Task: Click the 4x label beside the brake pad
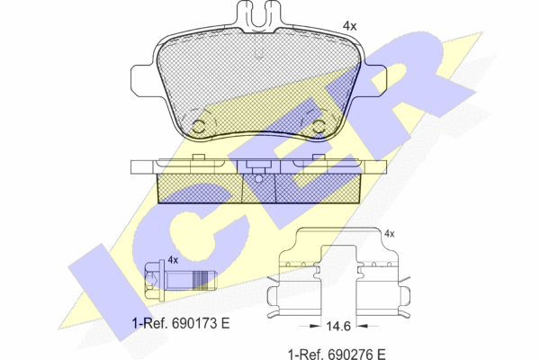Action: point(349,26)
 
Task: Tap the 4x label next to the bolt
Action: point(173,260)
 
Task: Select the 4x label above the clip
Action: point(389,234)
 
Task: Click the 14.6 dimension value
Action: point(338,326)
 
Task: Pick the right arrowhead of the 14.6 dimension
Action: point(362,326)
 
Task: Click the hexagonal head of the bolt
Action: point(152,280)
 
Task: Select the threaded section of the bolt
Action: point(201,280)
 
